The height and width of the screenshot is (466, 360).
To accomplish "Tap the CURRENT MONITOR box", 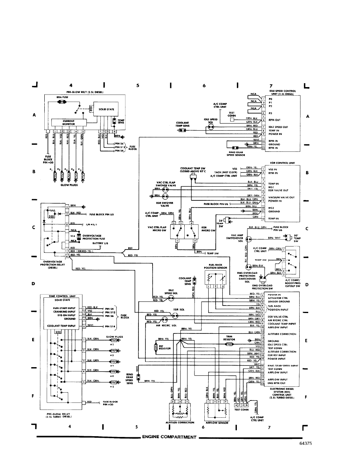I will pos(65,122).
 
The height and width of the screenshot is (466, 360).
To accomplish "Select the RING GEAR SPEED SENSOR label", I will pos(236,154).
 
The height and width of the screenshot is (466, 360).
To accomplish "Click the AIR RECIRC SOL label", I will pos(166,325).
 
